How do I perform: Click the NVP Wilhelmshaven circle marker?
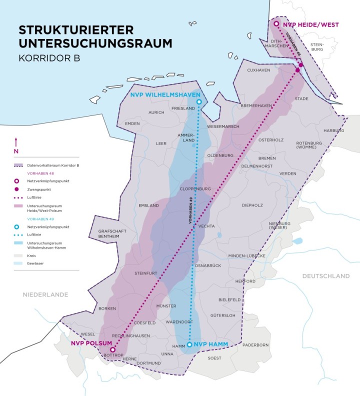(198, 102)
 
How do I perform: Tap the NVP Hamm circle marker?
(189, 344)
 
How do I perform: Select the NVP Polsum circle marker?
(112, 350)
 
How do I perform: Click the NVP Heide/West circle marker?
(276, 23)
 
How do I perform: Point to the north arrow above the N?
(16, 141)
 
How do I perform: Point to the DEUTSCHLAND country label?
(325, 276)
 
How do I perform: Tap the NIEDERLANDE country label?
(45, 294)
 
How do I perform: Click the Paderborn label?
(255, 345)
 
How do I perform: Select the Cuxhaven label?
(258, 70)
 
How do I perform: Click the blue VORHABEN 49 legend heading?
(27, 218)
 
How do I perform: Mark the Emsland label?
(148, 205)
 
